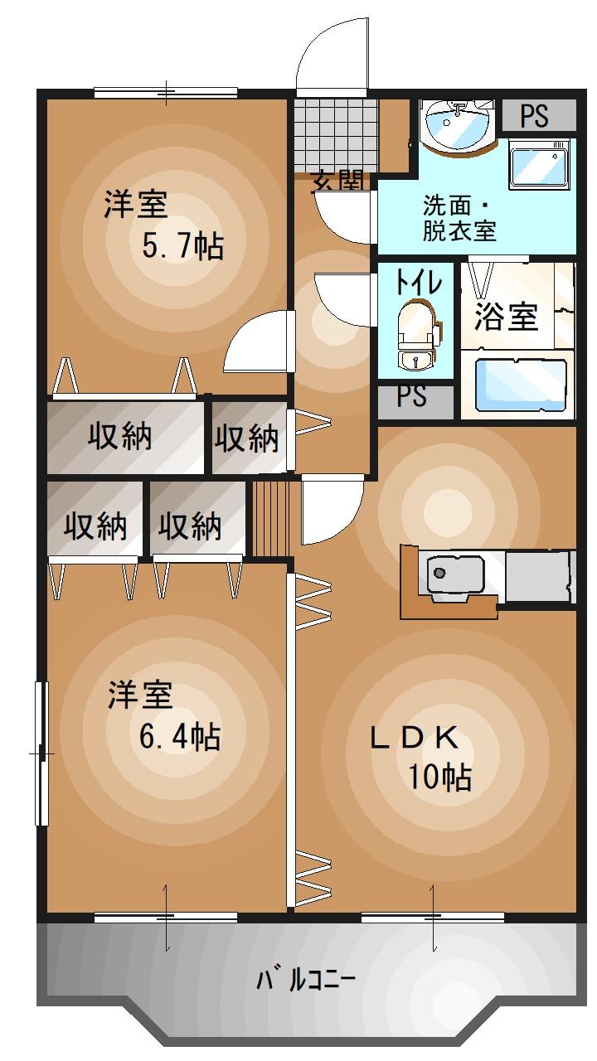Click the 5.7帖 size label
(182, 246)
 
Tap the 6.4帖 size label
(179, 735)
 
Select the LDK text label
(414, 737)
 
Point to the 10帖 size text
(439, 778)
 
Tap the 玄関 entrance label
(338, 182)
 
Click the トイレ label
(417, 283)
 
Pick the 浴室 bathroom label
(507, 316)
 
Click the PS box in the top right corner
(535, 116)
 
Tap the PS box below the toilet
(412, 397)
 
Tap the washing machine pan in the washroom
(539, 164)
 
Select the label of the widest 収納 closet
(121, 436)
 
